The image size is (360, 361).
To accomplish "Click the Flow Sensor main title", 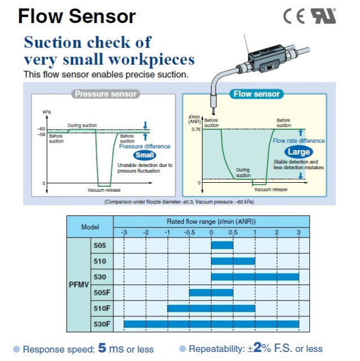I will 77,16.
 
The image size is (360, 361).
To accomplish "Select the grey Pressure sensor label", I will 106,94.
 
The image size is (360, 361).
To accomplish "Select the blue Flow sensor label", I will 256,94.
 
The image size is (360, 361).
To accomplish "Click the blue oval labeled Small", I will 144,155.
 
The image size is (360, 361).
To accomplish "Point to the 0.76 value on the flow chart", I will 195,130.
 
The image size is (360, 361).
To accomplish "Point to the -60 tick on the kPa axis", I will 41,129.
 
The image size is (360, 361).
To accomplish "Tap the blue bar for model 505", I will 222,245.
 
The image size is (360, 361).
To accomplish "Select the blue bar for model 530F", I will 211,324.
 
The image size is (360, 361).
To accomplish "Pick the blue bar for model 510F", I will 211,308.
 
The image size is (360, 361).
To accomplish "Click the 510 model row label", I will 99,261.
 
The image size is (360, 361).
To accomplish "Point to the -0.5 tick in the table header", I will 190,232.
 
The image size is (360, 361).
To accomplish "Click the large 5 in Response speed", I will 102,347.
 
